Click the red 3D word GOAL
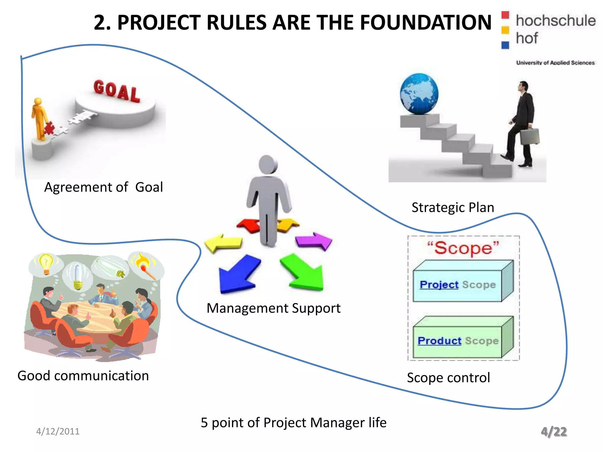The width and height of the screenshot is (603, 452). (x=117, y=91)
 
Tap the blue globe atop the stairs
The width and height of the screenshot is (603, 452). (x=419, y=94)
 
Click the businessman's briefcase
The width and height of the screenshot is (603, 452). (x=530, y=137)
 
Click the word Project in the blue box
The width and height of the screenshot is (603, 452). (x=439, y=285)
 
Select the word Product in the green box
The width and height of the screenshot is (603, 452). (x=439, y=341)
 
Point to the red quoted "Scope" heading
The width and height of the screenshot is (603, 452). (x=463, y=248)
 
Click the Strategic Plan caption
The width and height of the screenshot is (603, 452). (x=453, y=207)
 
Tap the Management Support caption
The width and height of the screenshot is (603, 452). (x=273, y=308)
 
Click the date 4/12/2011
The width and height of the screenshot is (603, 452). (x=58, y=431)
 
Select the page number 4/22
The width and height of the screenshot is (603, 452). (x=554, y=432)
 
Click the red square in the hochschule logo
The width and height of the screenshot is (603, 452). (x=505, y=15)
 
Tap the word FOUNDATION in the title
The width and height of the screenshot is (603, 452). (x=425, y=23)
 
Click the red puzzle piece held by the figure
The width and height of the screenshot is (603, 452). (x=49, y=128)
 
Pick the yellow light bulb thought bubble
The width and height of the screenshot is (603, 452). (x=46, y=263)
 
